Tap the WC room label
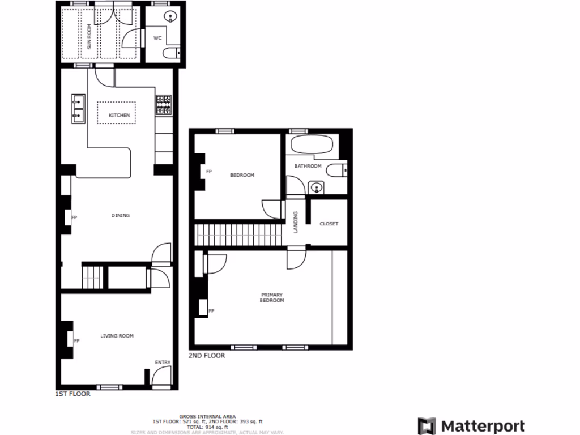[x=157, y=39]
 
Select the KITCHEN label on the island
[x=119, y=115]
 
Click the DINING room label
[x=121, y=215]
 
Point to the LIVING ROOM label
[x=117, y=336]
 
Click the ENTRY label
[x=162, y=362]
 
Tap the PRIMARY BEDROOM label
[x=272, y=297]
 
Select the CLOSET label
[x=329, y=224]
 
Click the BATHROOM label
[x=308, y=166]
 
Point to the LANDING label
[x=295, y=223]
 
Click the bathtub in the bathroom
[x=312, y=144]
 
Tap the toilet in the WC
[x=170, y=54]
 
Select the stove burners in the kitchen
[x=164, y=105]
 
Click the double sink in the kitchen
[x=78, y=108]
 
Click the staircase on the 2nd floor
[x=238, y=234]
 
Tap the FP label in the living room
[x=76, y=340]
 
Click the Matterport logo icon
[x=427, y=426]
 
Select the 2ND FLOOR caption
[x=207, y=356]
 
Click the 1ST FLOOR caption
[x=72, y=394]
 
